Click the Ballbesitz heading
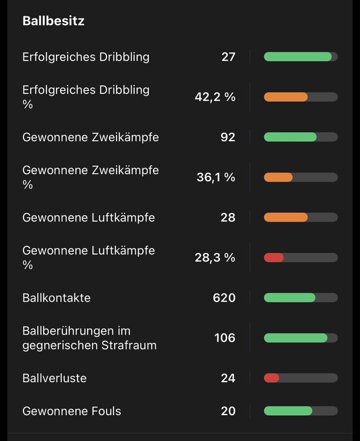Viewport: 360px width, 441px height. [53, 21]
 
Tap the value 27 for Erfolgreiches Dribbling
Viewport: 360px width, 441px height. [228, 57]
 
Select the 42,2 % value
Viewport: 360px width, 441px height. [215, 97]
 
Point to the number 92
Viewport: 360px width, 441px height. [228, 137]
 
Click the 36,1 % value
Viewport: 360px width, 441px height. [216, 177]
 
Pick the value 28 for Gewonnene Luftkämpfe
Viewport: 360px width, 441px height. [228, 218]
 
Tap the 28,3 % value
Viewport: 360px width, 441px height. [215, 258]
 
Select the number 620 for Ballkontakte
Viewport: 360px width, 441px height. [224, 298]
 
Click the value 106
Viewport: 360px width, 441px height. [225, 338]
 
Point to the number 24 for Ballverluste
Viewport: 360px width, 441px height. [228, 378]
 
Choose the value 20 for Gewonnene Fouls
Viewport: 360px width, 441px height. [228, 411]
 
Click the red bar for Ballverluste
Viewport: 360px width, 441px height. [271, 378]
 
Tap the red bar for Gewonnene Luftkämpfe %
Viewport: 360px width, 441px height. [274, 258]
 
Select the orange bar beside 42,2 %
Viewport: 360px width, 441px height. [286, 97]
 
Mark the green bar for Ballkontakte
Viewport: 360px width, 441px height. [289, 298]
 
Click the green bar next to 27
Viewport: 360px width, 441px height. [298, 57]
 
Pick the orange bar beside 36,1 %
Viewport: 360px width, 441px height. [278, 177]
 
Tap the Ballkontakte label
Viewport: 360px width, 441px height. [56, 298]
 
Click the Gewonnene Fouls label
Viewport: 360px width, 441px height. [72, 411]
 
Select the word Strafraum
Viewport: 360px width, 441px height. [129, 345]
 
